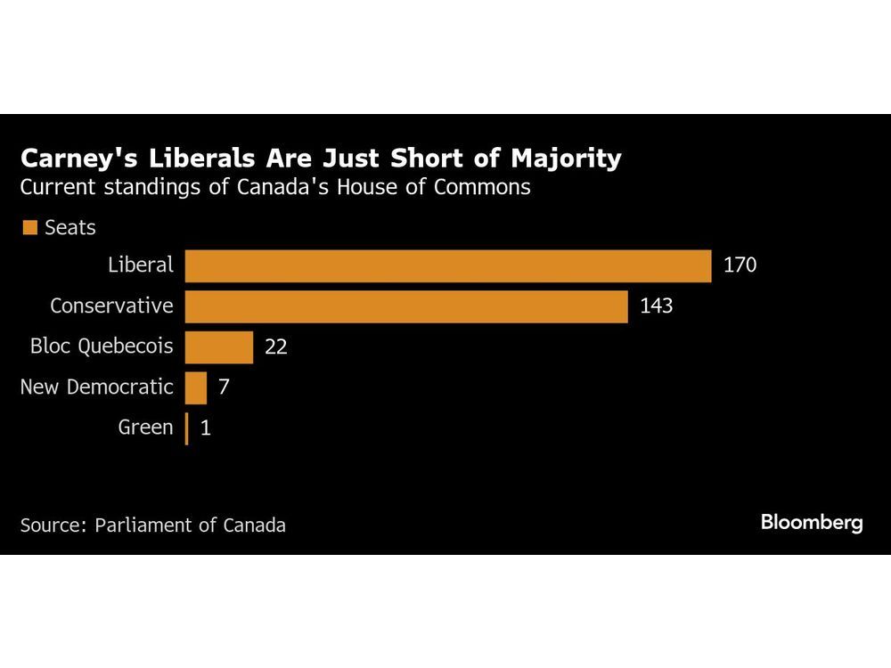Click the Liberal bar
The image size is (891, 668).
coord(448,265)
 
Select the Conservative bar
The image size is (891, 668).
coord(406,305)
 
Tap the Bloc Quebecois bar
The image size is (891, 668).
coord(219,346)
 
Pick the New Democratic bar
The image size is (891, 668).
coord(196,387)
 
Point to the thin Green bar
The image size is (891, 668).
coord(186,428)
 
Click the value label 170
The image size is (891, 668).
coord(740,265)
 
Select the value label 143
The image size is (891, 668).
coord(656,305)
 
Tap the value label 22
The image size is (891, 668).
coord(276,346)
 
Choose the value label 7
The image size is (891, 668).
coord(224,387)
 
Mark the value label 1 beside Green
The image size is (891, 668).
coord(206,428)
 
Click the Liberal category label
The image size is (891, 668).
coord(140,265)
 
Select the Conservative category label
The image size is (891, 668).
coord(111,305)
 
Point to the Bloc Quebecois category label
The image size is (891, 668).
coord(102,346)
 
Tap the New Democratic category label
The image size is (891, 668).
coord(96,387)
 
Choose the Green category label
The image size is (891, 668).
coord(145,428)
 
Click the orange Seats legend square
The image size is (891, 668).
coord(29,227)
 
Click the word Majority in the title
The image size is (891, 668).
coord(567,159)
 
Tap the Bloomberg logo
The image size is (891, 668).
coord(812,523)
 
